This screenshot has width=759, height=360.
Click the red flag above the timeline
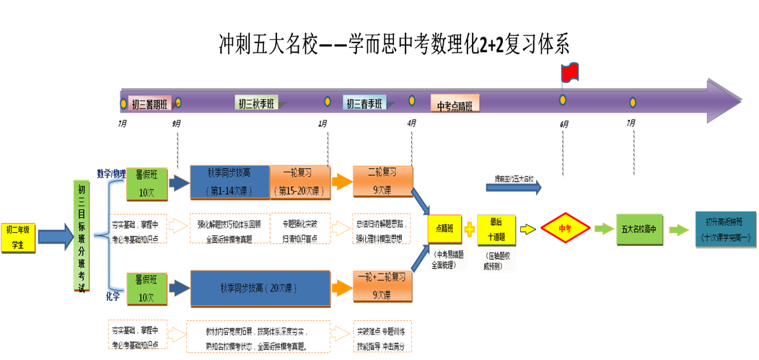coord(570,72)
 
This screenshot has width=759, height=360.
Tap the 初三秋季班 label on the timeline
coord(256,104)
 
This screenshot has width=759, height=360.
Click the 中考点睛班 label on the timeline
coord(455,105)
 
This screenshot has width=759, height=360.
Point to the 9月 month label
coord(177,123)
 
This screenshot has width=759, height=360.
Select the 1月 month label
coord(323,123)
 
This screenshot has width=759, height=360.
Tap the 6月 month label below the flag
coord(563,123)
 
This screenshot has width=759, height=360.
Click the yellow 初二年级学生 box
coord(17,237)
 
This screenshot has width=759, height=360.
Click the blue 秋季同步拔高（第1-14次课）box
coord(229,182)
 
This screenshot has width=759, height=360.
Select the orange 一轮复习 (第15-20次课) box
coord(300,182)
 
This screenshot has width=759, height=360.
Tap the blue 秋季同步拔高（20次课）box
coord(260,288)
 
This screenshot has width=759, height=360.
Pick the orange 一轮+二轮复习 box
coord(383,285)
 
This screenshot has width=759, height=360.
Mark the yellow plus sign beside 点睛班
coord(470,230)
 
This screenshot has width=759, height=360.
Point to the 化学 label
coord(113,296)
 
